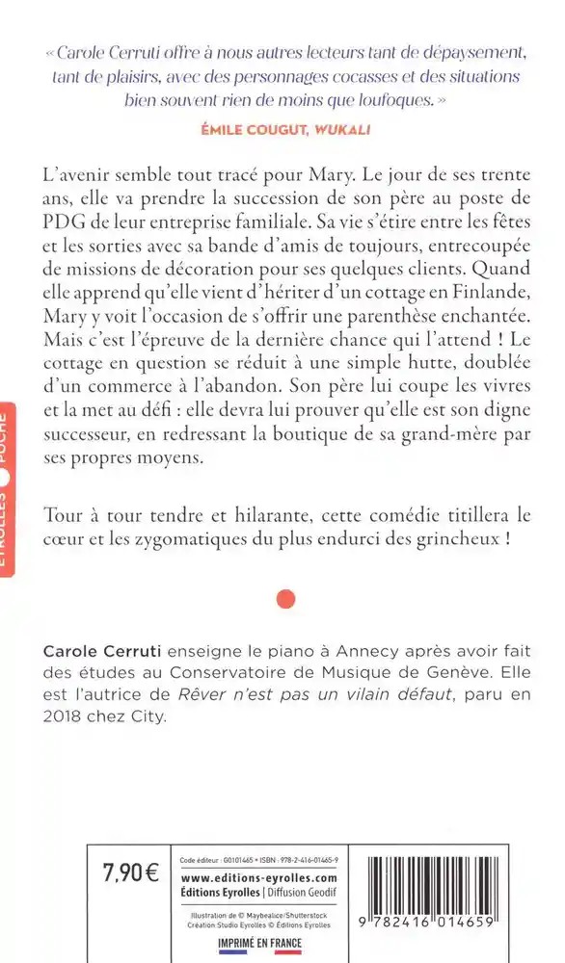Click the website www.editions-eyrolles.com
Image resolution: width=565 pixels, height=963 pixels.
click(x=259, y=878)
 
